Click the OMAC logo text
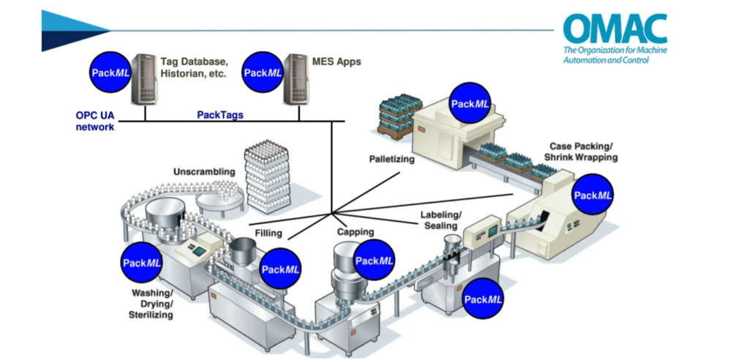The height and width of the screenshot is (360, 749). tap(614, 29)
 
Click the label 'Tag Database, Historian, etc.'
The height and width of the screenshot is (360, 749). tap(195, 68)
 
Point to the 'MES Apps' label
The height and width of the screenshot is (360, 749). tap(338, 62)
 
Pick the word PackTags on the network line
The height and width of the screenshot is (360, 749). tap(220, 115)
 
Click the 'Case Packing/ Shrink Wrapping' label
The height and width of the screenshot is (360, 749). tap(581, 151)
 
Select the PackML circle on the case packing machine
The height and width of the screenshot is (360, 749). tap(593, 195)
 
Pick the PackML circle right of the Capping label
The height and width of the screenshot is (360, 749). tap(374, 260)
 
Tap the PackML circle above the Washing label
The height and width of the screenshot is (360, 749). tap(143, 263)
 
